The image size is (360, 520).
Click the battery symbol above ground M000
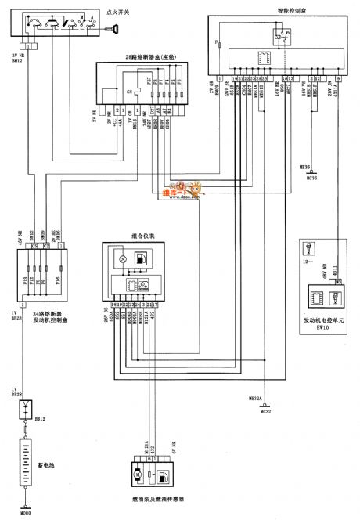[26, 463]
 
